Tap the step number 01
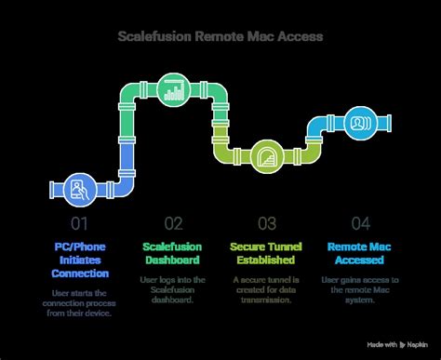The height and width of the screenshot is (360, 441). coord(81,222)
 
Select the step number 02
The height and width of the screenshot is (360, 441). coord(173,222)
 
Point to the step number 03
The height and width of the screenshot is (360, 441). coord(266,222)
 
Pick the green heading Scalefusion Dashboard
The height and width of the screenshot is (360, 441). coord(173,253)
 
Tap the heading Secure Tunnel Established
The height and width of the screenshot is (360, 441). coord(266,253)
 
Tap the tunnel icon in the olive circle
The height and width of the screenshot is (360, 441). coord(266,155)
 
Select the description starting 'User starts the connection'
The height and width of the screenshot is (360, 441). coord(81,301)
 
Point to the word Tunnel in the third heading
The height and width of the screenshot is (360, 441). coord(281,247)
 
